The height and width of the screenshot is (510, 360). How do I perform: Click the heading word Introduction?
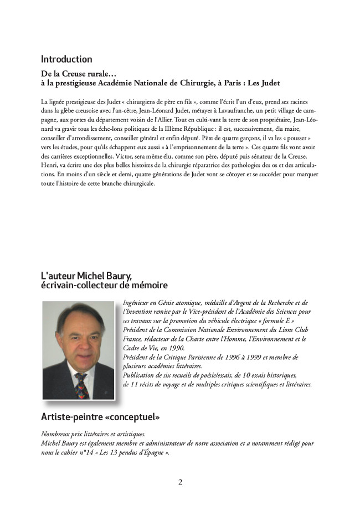pyautogui.click(x=66, y=59)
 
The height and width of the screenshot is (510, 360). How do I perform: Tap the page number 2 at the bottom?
pyautogui.click(x=180, y=482)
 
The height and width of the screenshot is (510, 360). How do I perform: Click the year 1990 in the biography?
pyautogui.click(x=173, y=348)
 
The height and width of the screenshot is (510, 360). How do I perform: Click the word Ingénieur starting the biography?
pyautogui.click(x=135, y=303)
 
